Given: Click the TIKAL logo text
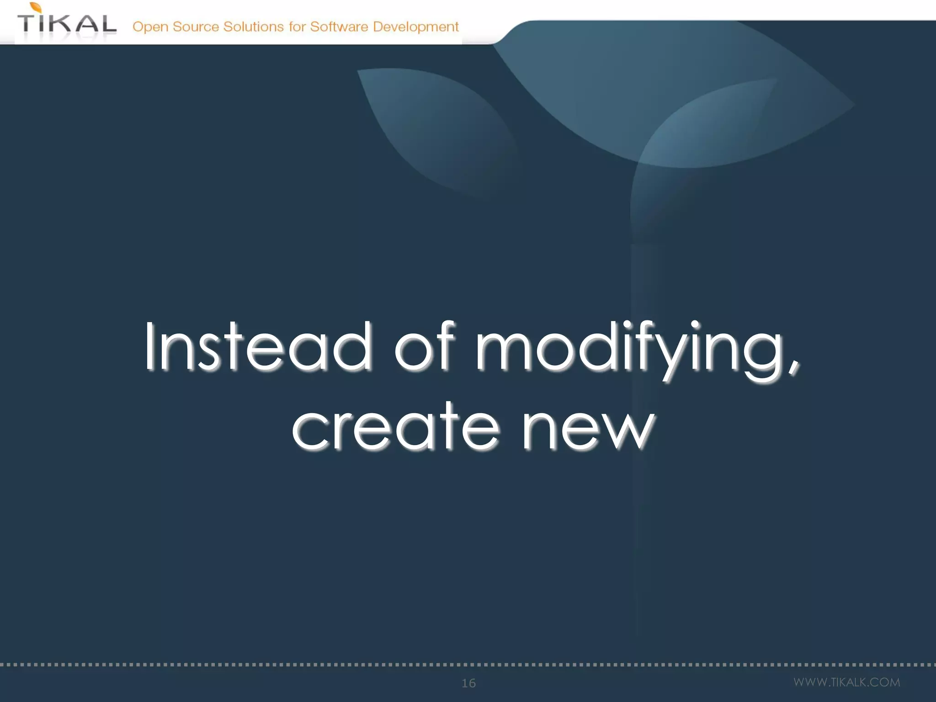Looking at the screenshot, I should (67, 23).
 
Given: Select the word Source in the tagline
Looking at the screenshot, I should (196, 27).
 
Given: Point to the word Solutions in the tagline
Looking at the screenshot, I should (253, 27).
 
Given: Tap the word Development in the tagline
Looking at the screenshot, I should (415, 27).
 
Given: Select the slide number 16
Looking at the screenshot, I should (468, 683).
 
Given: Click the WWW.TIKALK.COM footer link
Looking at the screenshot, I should (846, 682).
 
